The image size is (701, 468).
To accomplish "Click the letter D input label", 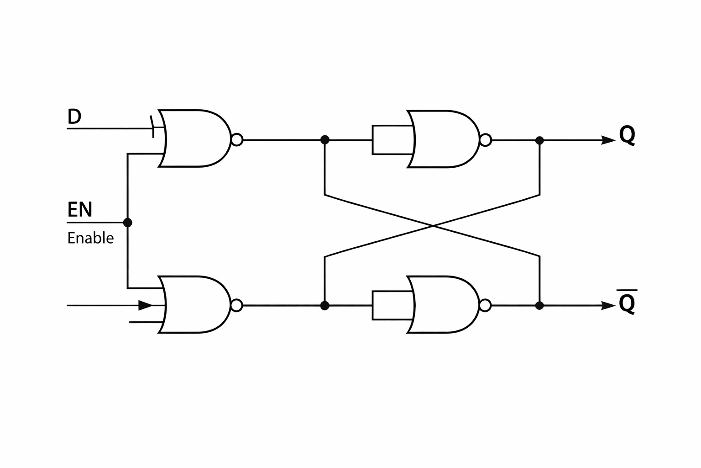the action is (x=74, y=116).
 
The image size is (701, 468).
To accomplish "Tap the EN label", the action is (x=80, y=209).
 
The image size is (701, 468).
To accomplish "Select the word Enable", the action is (x=90, y=238).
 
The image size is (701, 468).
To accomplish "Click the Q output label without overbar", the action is (x=627, y=135).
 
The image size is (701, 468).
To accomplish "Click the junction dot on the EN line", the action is (x=127, y=223).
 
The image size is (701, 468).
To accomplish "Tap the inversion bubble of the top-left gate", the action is (x=237, y=139).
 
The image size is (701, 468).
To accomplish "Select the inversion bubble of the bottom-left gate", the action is (x=236, y=305).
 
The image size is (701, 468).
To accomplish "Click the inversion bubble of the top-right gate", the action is (x=486, y=140).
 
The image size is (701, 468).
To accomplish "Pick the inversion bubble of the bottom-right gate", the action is (x=485, y=305).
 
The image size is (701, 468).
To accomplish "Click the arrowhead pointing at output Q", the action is (x=608, y=140).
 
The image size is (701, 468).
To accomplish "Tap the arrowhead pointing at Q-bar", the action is (x=608, y=305).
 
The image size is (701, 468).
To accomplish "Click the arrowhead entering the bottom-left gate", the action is (x=145, y=305).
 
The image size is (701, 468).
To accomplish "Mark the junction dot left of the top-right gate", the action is (x=325, y=140).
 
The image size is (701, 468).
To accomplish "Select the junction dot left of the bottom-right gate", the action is (x=325, y=305).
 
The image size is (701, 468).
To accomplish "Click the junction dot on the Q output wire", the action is (x=539, y=140).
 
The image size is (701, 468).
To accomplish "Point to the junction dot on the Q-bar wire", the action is (x=539, y=305).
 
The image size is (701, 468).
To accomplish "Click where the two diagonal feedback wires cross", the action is (x=433, y=225).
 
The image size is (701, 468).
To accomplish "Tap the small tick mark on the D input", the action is (x=152, y=127).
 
